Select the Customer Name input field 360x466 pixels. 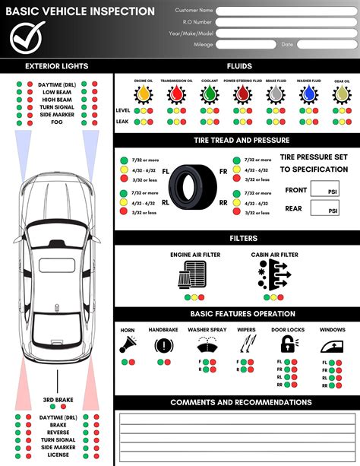(286, 11)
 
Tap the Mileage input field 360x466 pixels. (245, 45)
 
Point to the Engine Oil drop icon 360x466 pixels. (143, 94)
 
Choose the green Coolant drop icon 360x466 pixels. (210, 94)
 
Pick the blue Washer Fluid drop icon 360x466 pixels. (308, 94)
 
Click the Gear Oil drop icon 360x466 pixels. (342, 94)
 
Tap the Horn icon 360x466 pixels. (128, 345)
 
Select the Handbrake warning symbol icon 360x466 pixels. (163, 345)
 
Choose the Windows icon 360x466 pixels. (333, 345)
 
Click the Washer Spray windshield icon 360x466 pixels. (207, 345)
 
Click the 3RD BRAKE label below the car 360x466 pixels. (57, 400)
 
